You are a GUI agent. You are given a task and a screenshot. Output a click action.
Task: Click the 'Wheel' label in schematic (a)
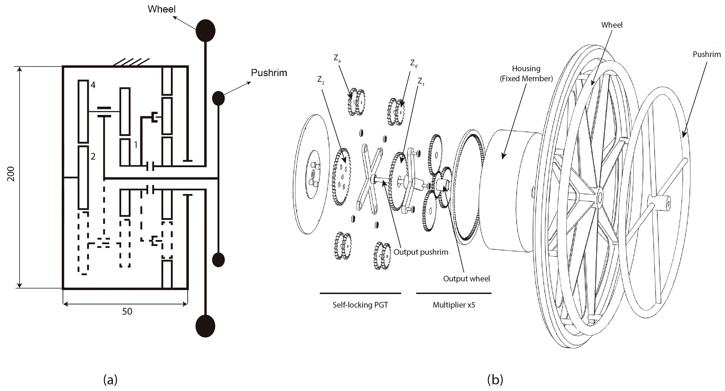[161, 9]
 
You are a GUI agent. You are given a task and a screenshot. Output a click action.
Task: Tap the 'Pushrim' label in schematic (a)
[269, 73]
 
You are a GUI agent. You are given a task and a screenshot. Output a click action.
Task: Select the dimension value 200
[11, 174]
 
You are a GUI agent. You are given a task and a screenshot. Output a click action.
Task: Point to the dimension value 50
[127, 312]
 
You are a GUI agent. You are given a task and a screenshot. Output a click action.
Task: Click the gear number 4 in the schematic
[93, 85]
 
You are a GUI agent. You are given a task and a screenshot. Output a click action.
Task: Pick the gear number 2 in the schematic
[93, 156]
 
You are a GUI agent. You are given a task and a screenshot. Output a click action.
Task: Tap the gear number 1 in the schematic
[136, 144]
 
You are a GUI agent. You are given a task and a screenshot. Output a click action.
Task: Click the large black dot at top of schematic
[205, 31]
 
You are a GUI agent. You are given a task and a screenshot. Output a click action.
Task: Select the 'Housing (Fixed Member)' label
[526, 73]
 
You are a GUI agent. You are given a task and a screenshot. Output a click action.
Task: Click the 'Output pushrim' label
[421, 252]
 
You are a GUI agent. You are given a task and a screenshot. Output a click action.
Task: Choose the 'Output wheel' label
[466, 279]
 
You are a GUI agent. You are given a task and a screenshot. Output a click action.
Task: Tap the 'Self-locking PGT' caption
[360, 305]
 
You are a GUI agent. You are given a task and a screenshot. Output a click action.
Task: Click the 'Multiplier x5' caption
[454, 305]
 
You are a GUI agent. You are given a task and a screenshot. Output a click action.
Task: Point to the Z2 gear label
[321, 80]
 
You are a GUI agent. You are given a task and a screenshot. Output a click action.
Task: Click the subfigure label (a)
[110, 380]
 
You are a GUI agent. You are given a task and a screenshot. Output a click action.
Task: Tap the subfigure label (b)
[495, 380]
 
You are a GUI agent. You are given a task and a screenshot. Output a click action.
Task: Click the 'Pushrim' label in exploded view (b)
[706, 54]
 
